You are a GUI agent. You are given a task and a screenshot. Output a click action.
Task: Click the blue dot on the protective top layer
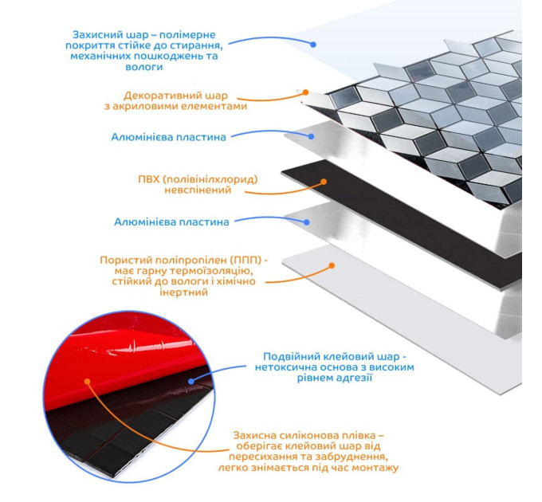point(313,45)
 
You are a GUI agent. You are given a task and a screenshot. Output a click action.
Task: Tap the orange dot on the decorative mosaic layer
point(305,92)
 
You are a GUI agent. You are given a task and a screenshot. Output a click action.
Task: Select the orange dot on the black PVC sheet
point(324,182)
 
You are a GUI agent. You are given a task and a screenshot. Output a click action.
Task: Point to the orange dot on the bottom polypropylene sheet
point(332,265)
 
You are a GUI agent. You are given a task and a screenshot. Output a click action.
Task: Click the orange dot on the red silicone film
point(87,382)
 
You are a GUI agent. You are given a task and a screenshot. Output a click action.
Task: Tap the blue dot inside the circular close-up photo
point(191,382)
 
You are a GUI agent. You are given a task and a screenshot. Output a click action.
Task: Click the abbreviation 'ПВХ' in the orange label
point(148,179)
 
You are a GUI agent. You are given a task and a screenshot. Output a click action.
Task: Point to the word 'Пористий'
point(126,260)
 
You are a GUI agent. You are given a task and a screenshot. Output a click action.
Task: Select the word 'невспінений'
point(198,190)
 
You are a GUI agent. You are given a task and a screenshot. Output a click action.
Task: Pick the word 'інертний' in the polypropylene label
point(184,292)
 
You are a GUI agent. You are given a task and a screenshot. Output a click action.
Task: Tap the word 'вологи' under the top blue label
point(143,67)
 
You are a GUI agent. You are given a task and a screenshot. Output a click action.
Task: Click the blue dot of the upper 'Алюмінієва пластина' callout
point(311,136)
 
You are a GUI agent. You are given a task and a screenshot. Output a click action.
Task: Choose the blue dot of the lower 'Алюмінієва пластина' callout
point(307,222)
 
